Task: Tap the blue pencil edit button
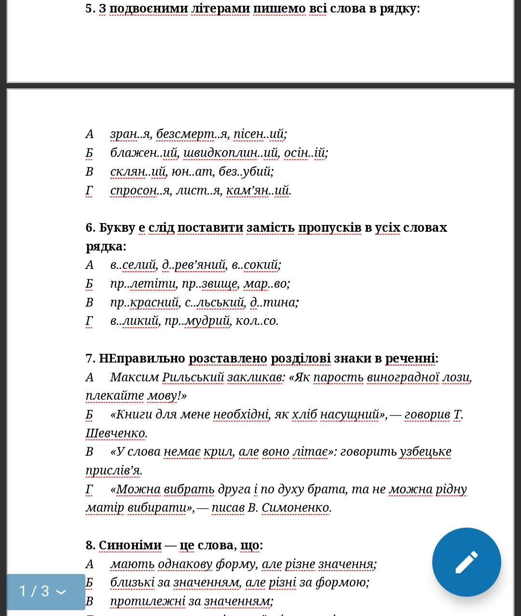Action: click(x=466, y=562)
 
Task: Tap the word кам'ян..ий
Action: click(x=258, y=190)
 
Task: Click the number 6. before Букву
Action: click(x=91, y=227)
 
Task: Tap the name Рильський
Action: click(x=193, y=377)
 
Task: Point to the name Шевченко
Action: click(x=115, y=433)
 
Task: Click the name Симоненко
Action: click(x=296, y=508)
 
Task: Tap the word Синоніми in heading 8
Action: click(x=130, y=545)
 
